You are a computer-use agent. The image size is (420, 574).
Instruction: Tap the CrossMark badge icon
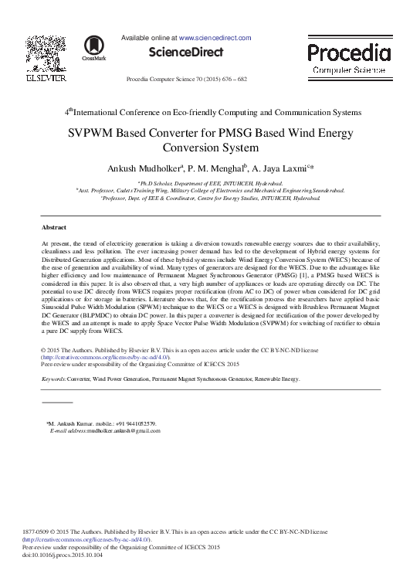(x=93, y=48)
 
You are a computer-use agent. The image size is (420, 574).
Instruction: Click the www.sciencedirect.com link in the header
(x=215, y=37)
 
